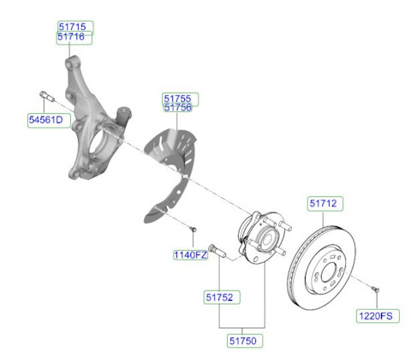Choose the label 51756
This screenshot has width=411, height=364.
177,108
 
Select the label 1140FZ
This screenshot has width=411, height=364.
190,255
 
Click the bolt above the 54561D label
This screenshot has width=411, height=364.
47,96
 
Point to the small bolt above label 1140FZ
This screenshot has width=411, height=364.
193,229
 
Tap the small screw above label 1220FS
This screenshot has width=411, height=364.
376,289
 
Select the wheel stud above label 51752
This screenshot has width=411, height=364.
217,251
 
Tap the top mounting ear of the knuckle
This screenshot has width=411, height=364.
72,62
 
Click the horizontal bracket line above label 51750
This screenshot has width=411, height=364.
242,328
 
